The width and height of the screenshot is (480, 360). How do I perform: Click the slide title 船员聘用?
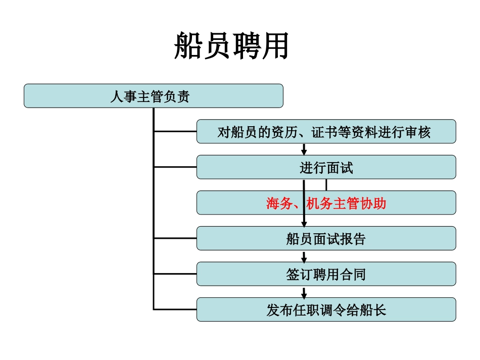[231, 46]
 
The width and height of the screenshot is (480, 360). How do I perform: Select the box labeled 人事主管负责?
[153, 96]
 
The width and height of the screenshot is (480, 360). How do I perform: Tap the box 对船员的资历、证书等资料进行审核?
[326, 132]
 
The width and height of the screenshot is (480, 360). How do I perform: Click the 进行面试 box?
[326, 167]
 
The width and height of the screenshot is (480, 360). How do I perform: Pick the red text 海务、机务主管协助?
[326, 203]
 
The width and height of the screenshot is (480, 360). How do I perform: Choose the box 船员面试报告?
[326, 238]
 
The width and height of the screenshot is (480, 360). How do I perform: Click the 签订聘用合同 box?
[326, 274]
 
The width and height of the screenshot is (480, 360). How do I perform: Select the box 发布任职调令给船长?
[326, 310]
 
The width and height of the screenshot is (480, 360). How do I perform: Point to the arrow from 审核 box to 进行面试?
[304, 149]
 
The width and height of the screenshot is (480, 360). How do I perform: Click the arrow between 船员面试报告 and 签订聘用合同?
[304, 256]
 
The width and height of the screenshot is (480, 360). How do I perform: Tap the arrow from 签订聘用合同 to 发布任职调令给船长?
[304, 292]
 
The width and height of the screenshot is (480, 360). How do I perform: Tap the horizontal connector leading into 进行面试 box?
[175, 167]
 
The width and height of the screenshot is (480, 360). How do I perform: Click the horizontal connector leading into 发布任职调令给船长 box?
[175, 309]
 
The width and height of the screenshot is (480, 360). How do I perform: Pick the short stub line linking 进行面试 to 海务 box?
[326, 185]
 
